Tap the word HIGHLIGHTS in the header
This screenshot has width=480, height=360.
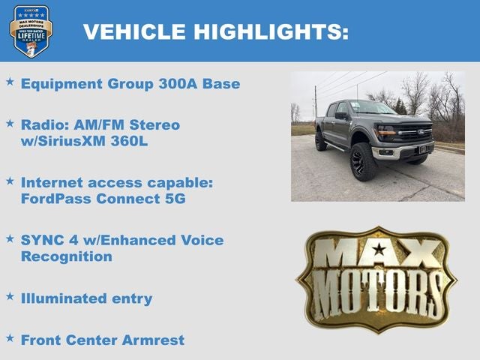tap(271, 31)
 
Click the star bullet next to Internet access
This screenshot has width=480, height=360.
tap(10, 181)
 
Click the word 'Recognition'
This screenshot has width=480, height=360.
tap(67, 256)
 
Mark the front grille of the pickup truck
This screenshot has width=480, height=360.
tap(414, 135)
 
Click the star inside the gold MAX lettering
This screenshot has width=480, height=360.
tap(379, 249)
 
